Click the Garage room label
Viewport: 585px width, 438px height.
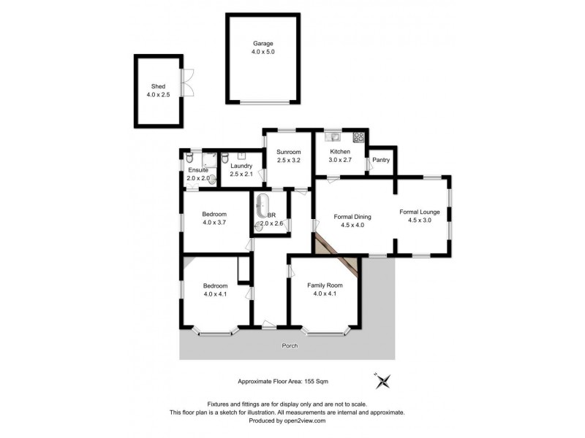pos(263,44)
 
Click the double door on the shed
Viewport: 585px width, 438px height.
pos(189,81)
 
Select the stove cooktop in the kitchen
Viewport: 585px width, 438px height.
pos(359,137)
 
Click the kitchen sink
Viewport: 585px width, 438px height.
pos(333,137)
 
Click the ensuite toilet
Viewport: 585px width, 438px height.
pos(189,158)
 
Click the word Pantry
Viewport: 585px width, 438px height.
pos(380,160)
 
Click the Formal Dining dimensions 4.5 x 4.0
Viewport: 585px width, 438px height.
pos(352,226)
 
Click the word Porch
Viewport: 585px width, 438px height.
pos(290,345)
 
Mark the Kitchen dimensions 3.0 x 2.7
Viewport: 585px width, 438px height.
pos(341,160)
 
